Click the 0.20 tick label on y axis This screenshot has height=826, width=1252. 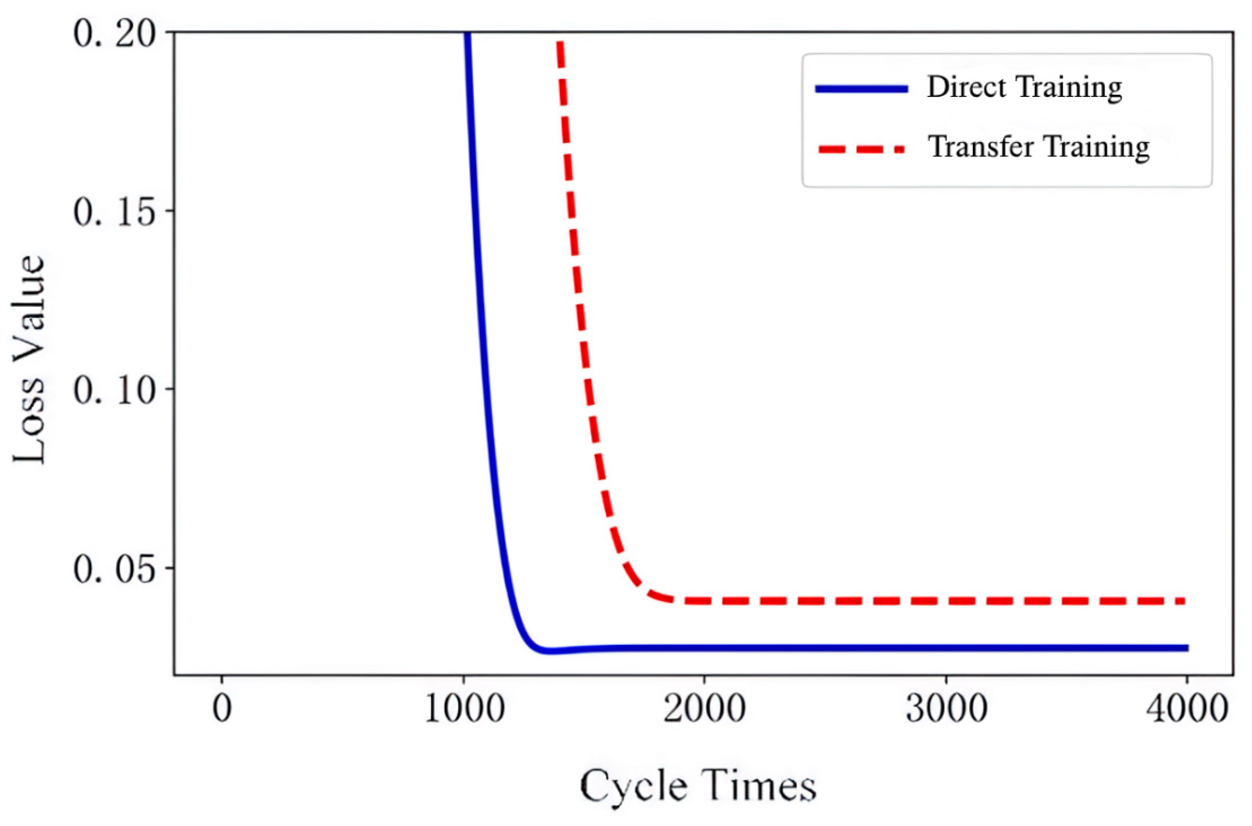point(115,33)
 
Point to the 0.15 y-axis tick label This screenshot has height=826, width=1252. point(115,211)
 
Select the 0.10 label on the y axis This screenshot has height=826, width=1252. point(115,390)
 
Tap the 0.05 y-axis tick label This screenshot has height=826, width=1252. point(115,568)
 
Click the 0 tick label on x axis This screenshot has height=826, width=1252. point(222,709)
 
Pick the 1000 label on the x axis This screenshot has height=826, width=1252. point(464,709)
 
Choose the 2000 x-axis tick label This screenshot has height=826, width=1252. point(705,709)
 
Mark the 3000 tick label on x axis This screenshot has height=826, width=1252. point(946,709)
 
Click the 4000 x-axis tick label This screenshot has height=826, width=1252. point(1187,709)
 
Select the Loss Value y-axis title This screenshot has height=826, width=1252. point(28,359)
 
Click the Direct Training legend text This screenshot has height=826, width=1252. point(1024,88)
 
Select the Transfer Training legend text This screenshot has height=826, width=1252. point(1038,147)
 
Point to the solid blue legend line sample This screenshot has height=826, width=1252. point(862,89)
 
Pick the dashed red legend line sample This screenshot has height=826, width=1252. point(862,150)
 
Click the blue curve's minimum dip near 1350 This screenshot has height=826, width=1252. point(548,650)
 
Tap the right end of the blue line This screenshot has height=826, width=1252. point(1187,647)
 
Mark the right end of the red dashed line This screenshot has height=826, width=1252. point(1182,601)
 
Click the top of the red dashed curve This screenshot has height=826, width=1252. point(560,44)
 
